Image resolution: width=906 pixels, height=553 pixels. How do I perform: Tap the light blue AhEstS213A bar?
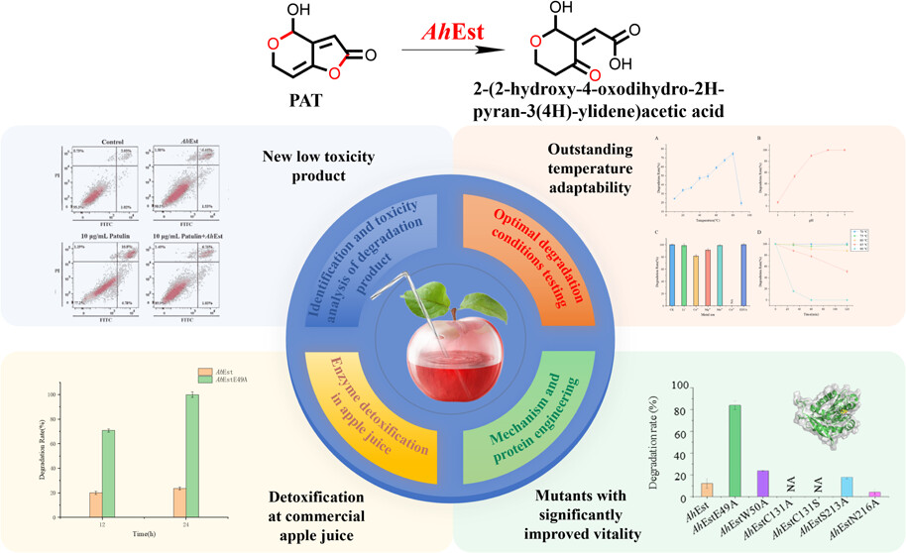[819, 486]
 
